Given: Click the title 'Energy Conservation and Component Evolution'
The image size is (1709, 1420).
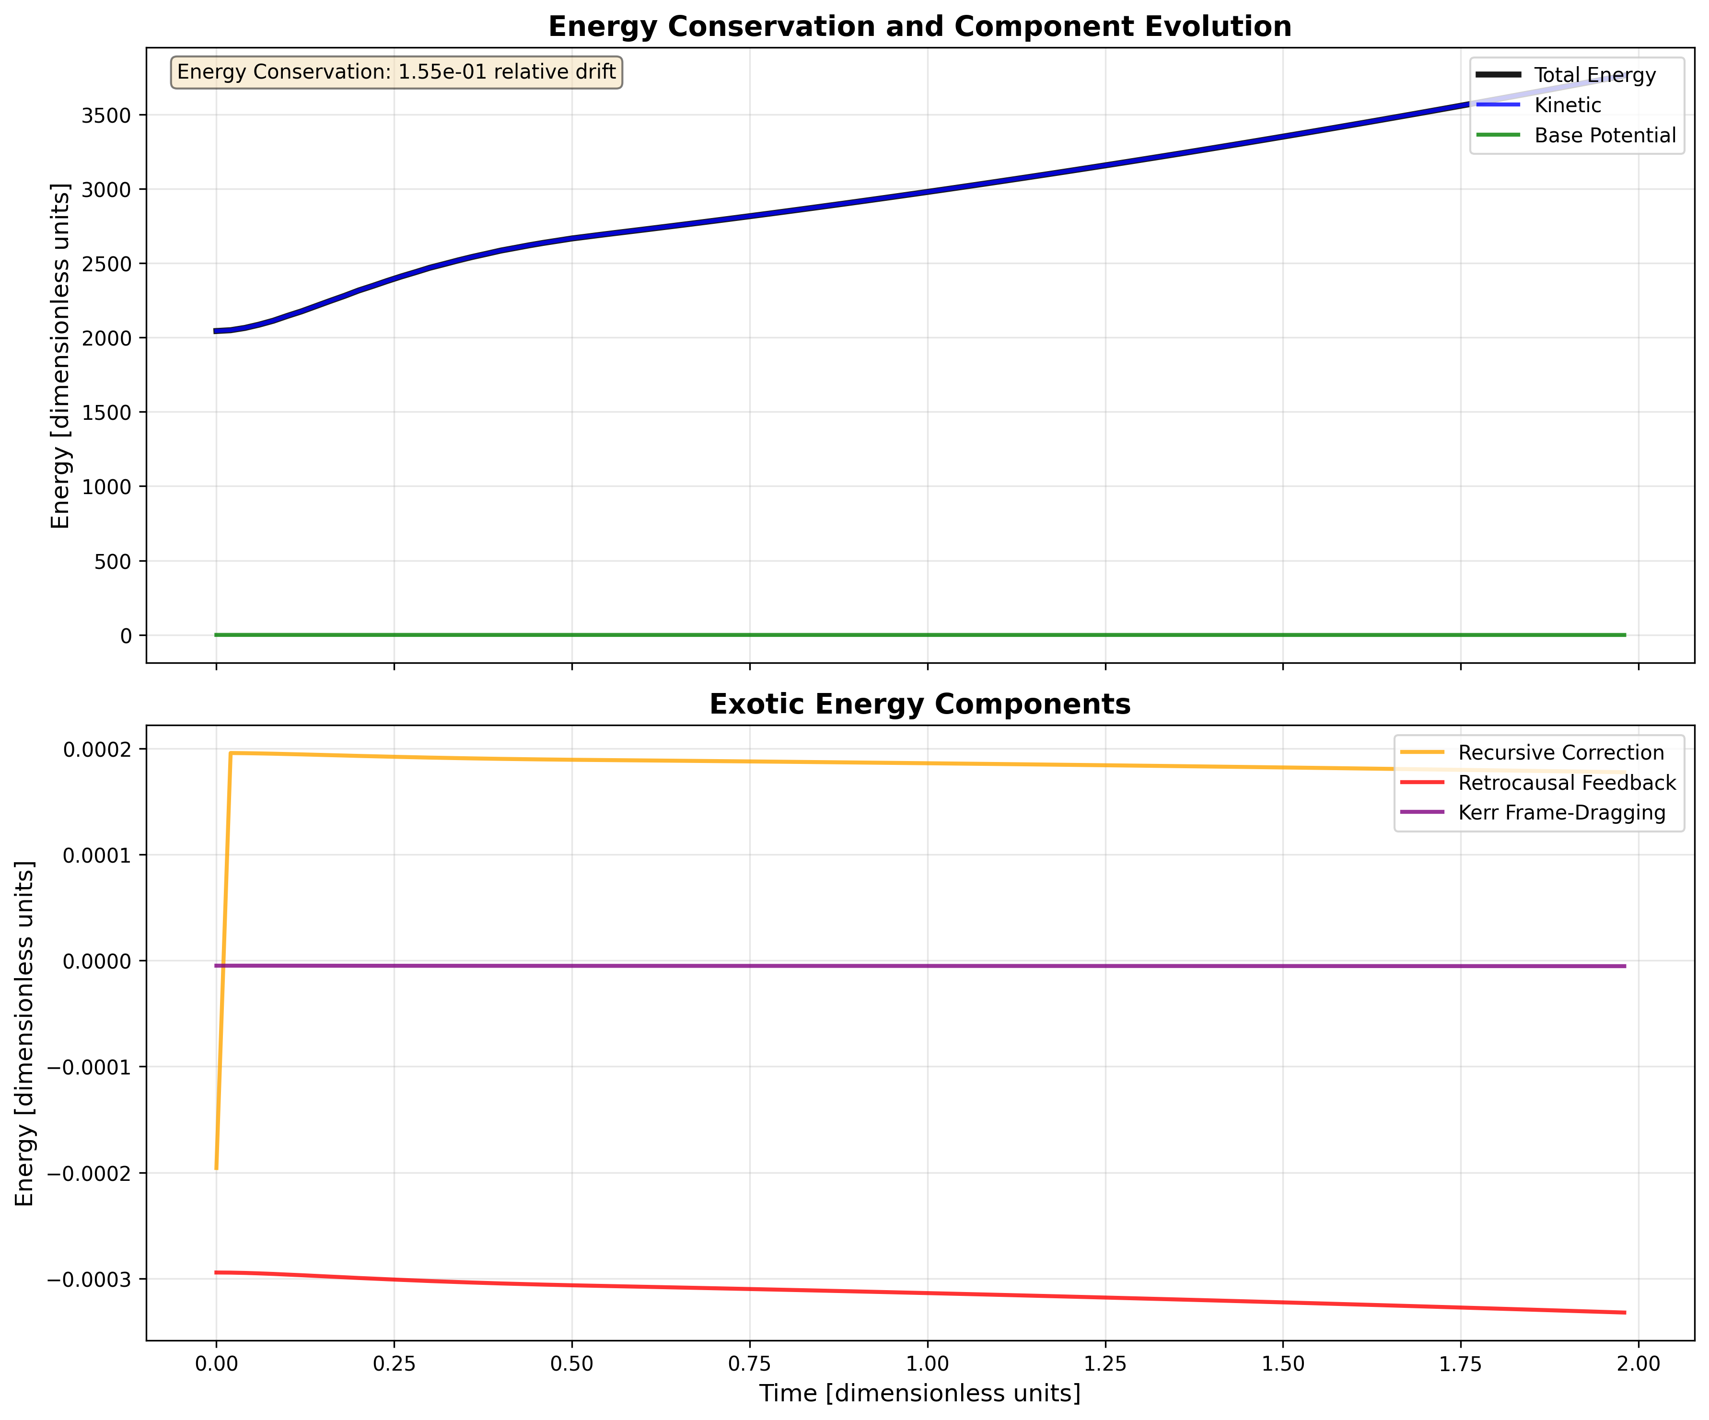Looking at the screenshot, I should pyautogui.click(x=919, y=27).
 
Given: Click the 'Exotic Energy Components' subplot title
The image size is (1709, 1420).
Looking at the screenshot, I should pyautogui.click(x=919, y=704).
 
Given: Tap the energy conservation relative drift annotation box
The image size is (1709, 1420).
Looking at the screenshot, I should pyautogui.click(x=396, y=72).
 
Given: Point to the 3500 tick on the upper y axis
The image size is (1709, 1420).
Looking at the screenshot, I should pyautogui.click(x=106, y=115).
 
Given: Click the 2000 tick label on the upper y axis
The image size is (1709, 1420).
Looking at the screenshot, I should pyautogui.click(x=106, y=338).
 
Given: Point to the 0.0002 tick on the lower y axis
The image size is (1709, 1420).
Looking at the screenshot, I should pyautogui.click(x=93, y=750).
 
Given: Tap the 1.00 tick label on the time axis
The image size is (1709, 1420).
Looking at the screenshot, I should pyautogui.click(x=927, y=1364).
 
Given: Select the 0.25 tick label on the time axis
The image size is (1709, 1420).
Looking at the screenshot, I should pyautogui.click(x=394, y=1364).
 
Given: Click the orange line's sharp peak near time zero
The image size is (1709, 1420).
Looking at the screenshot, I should pyautogui.click(x=231, y=753).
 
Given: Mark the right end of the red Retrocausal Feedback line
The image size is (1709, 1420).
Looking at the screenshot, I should pyautogui.click(x=1624, y=1313).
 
